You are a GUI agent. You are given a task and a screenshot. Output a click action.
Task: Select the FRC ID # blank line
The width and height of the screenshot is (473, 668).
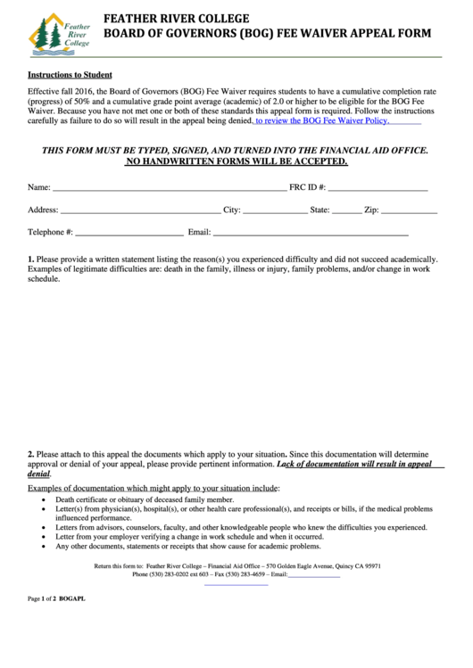tap(378, 190)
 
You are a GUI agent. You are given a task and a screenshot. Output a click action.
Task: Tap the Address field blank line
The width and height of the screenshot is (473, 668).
tap(140, 212)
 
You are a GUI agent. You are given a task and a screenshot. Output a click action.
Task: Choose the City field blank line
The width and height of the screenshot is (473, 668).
tap(274, 212)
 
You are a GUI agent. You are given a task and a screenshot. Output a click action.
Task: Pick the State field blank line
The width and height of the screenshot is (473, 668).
tap(347, 212)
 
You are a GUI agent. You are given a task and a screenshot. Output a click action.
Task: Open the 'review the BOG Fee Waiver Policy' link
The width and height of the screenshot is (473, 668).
tap(322, 120)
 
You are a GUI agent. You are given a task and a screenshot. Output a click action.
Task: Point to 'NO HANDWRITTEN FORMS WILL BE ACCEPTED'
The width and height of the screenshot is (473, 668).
tap(236, 163)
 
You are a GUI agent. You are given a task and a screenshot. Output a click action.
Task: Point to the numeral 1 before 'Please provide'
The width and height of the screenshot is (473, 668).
tap(30, 258)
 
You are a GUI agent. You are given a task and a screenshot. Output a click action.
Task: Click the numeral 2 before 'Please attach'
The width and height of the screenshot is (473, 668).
tap(30, 454)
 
